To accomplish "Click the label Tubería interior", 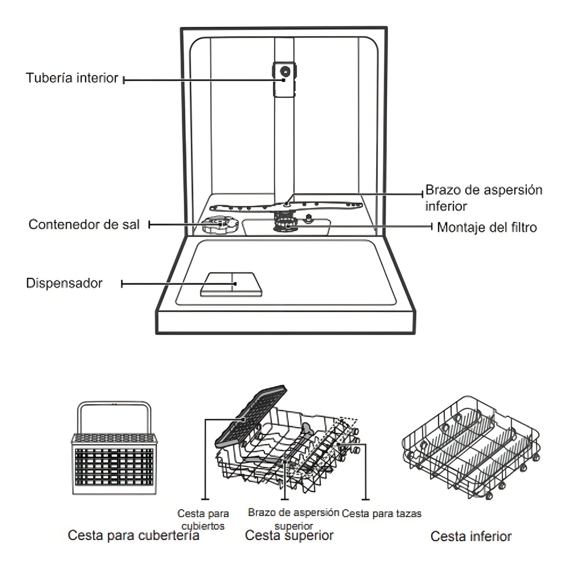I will (72, 78).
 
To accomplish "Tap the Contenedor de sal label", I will (84, 224).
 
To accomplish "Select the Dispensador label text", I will (64, 284).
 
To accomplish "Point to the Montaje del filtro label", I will (487, 228).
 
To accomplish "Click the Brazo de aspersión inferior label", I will (483, 198).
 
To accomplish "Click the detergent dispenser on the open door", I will (230, 284).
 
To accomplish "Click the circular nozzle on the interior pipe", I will (285, 71).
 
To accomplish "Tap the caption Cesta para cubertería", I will (133, 536).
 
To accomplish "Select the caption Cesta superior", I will (289, 536).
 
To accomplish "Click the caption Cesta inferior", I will (471, 536).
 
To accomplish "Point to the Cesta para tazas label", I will (382, 513).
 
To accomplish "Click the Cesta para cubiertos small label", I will (203, 519).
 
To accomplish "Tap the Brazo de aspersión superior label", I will (294, 518).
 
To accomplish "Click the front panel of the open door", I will (287, 322).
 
